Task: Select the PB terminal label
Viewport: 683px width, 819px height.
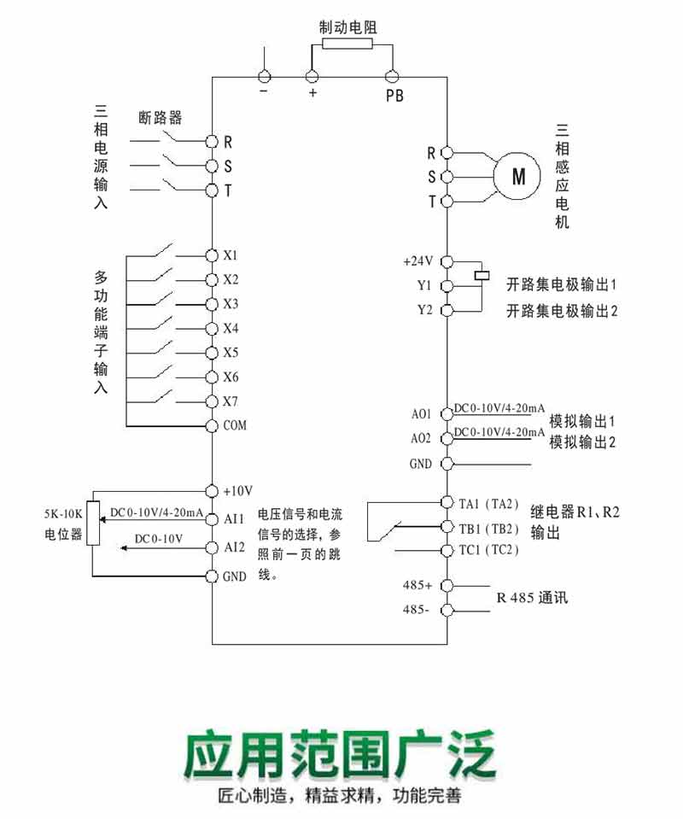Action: coord(394,96)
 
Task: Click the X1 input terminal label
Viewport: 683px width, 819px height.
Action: coord(231,255)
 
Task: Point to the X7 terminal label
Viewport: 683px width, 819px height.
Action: coord(231,401)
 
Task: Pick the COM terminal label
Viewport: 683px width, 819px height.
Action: coord(235,425)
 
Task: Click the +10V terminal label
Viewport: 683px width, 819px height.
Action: coord(238,491)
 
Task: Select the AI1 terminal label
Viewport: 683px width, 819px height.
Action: coord(234,518)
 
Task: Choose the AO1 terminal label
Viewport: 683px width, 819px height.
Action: coord(421,414)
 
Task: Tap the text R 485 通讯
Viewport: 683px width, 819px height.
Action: coord(533,598)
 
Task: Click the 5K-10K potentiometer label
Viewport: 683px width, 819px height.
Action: coord(62,523)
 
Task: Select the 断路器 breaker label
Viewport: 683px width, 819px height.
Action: coord(160,118)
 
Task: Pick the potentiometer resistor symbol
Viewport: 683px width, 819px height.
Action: coord(93,522)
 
